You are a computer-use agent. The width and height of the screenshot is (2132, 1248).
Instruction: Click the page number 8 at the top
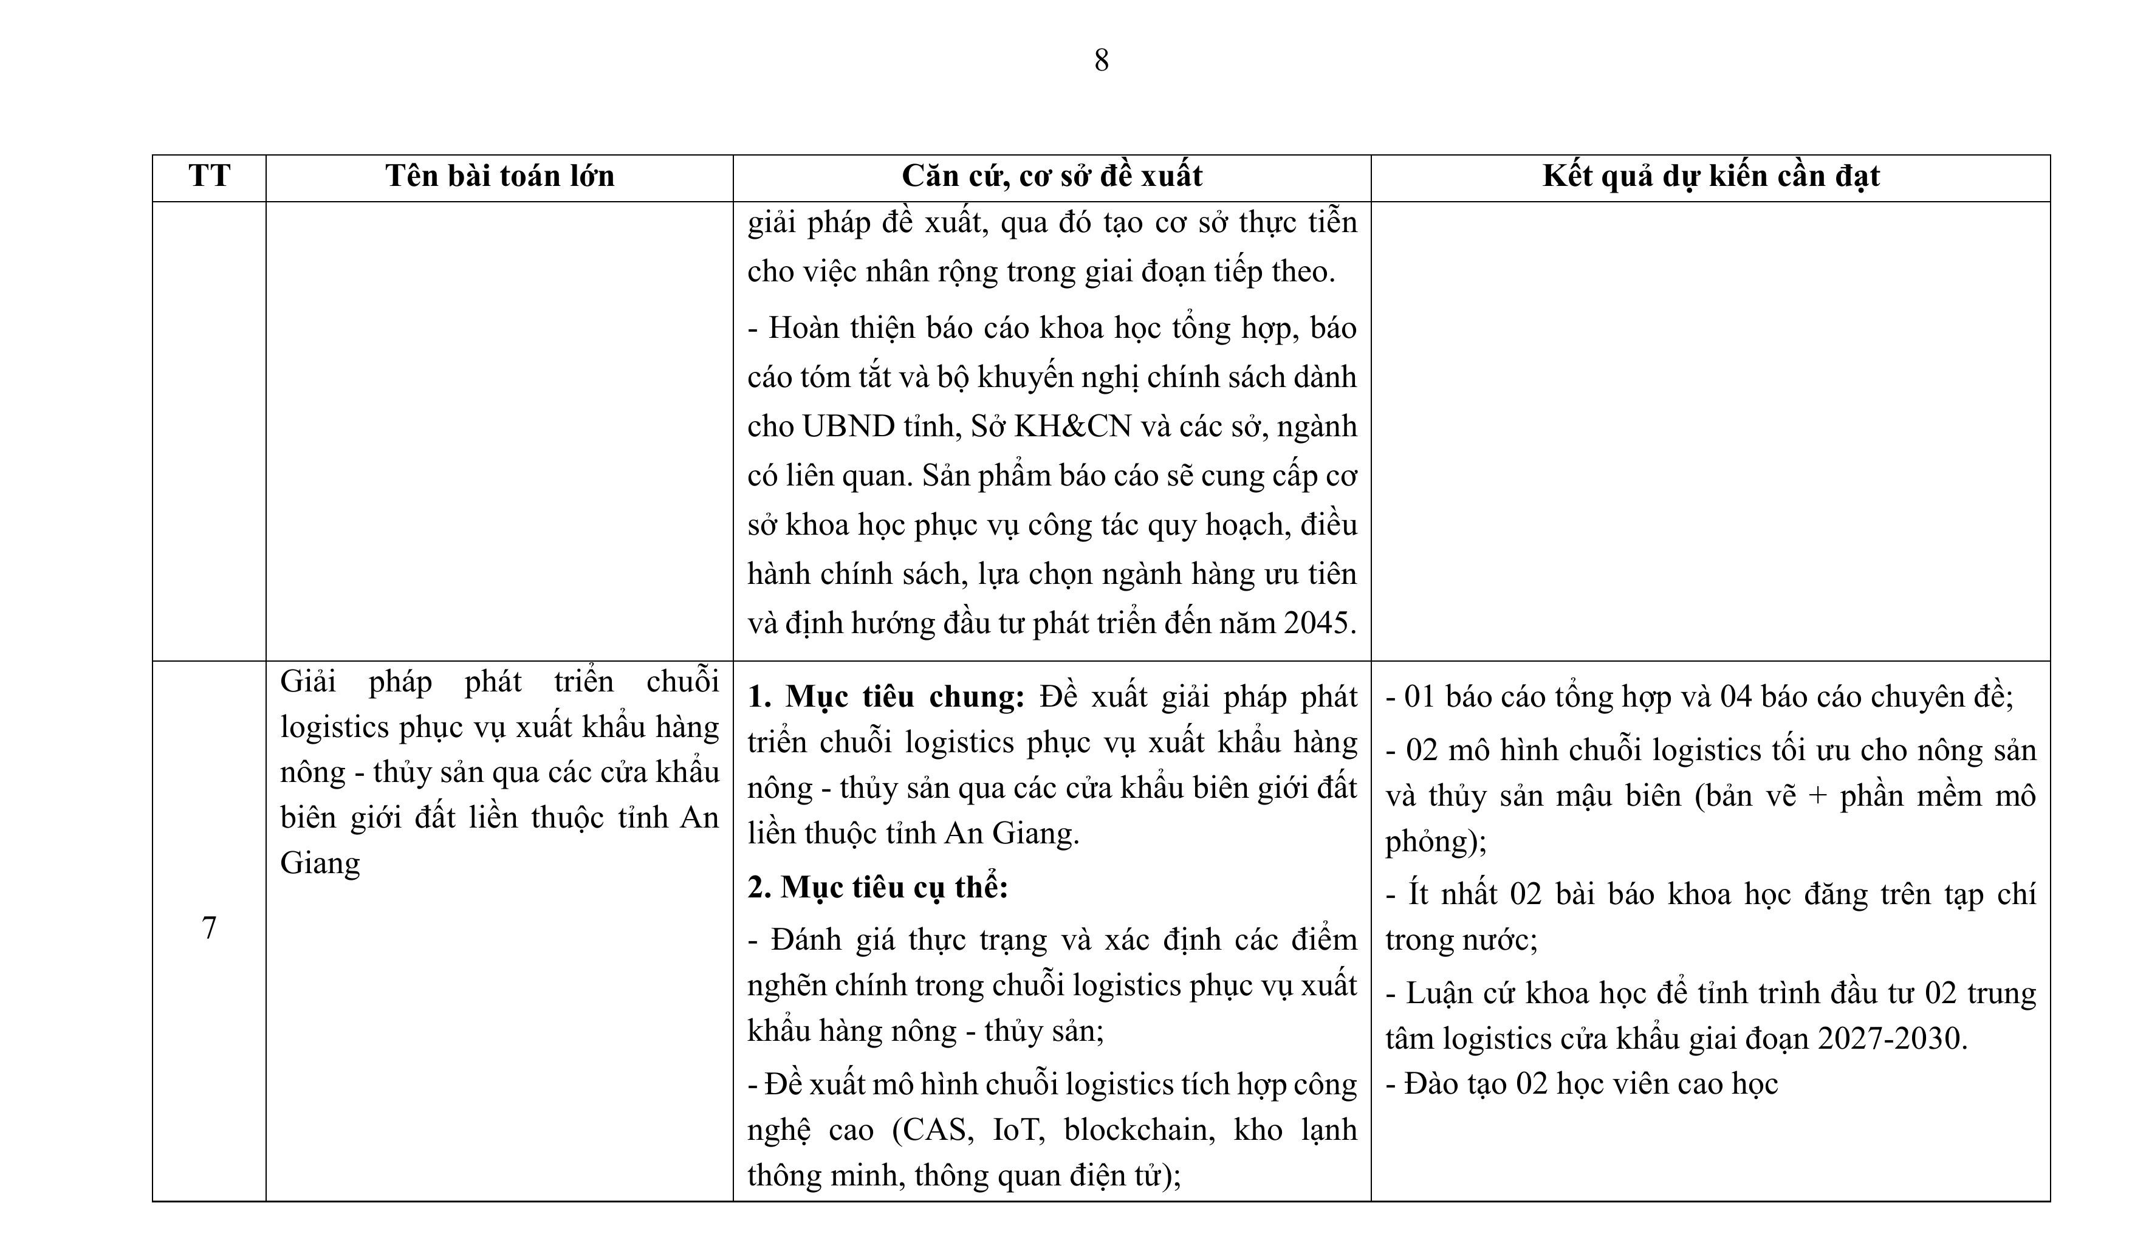tap(1101, 61)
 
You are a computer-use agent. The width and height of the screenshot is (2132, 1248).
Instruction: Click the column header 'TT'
tap(209, 176)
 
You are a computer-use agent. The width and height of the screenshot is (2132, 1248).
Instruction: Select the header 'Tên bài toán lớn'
tap(499, 176)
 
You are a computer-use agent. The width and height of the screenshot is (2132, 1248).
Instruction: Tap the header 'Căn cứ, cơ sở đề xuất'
tap(1052, 176)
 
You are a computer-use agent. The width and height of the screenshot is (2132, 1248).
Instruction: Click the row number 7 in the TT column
tap(209, 928)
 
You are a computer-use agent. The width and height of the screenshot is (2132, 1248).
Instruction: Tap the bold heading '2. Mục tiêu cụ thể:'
tap(877, 886)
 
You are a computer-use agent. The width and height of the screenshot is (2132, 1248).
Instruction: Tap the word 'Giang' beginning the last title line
tap(320, 862)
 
